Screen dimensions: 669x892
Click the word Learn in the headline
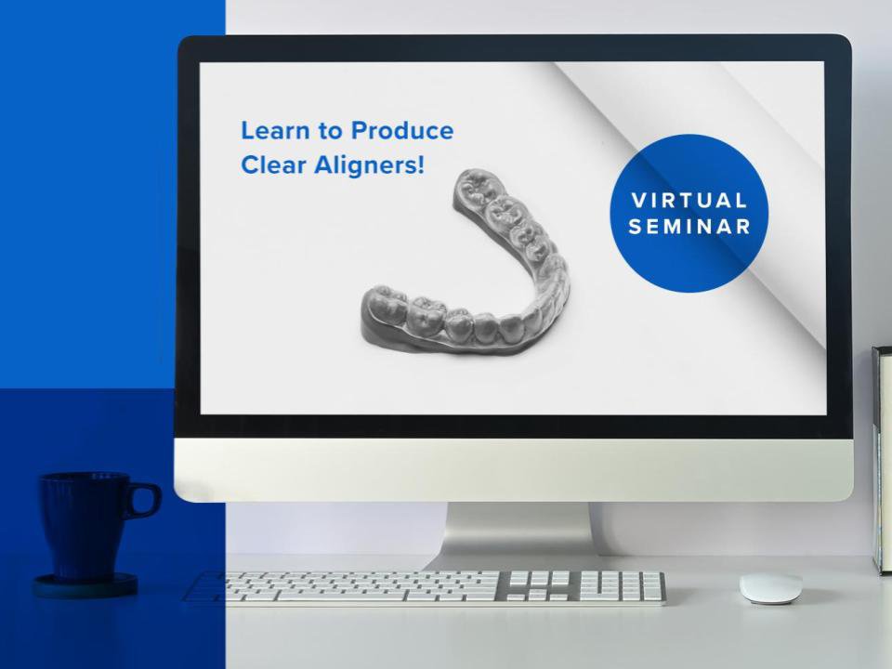coord(269,131)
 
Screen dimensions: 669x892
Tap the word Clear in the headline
coord(268,164)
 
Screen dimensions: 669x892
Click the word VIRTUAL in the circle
coord(689,201)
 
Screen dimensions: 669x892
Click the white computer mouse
coord(770,586)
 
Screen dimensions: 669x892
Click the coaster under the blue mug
coord(85,586)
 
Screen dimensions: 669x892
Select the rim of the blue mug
coord(85,477)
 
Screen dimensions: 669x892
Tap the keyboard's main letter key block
coord(353,587)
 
